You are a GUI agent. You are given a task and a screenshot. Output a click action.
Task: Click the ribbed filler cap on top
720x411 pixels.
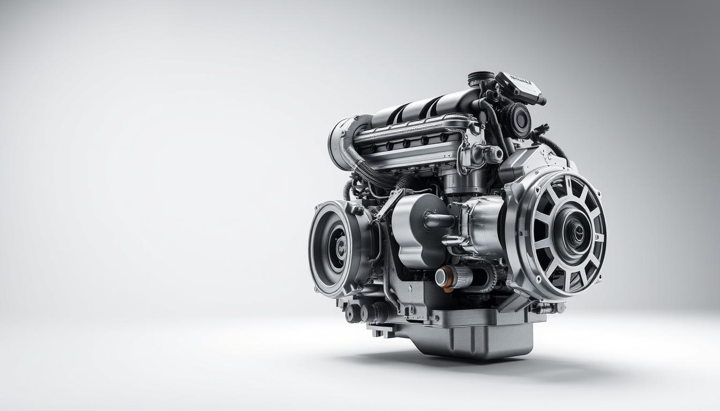(x=481, y=78)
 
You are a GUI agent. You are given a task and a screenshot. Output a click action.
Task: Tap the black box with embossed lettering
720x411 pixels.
(x=519, y=87)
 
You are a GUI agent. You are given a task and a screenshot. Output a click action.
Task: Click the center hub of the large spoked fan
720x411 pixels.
(x=575, y=232)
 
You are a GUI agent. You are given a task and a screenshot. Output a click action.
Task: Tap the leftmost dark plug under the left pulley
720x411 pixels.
(x=351, y=313)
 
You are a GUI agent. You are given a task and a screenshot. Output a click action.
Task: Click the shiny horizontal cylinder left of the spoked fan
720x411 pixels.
(x=482, y=225)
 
